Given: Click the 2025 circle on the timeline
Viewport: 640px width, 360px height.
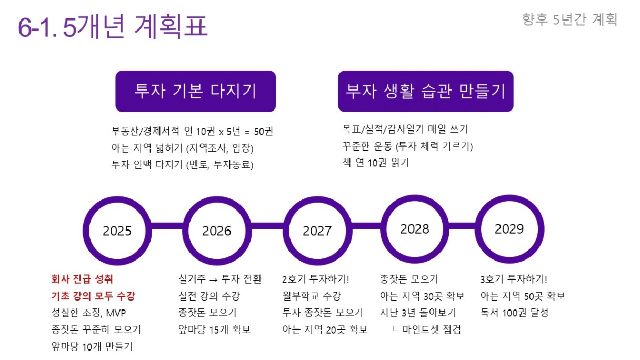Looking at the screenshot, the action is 117,200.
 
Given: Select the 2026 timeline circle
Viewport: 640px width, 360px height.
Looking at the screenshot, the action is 217,200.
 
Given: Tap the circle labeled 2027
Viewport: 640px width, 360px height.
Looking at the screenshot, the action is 317,200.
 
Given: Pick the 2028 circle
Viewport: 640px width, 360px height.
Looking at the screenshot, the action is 415,198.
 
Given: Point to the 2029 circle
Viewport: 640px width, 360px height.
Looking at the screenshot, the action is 509,198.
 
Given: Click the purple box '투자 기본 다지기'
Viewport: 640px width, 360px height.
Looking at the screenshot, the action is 196,91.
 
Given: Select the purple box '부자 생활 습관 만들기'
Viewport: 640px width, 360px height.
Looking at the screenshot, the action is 426,91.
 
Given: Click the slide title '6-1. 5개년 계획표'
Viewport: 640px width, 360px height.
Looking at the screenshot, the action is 113,26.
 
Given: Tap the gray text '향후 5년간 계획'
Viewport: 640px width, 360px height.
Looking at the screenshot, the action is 569,19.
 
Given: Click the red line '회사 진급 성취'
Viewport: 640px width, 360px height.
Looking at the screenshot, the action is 82,279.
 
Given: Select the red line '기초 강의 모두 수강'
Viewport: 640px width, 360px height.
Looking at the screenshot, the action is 93,296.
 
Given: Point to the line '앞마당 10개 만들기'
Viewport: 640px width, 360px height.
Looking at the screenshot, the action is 92,346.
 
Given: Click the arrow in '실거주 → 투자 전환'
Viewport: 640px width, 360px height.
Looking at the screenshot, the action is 214,279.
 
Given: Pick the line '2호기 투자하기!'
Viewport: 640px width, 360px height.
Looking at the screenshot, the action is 316,279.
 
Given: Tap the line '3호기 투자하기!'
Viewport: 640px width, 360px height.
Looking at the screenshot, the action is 514,279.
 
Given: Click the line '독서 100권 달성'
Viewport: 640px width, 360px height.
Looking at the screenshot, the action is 514,313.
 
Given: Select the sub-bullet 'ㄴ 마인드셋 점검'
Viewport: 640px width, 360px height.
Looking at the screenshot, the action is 427,329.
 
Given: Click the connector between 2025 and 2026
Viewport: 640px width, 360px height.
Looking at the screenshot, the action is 167,226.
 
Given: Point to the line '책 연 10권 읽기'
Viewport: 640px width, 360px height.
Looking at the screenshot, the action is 376,163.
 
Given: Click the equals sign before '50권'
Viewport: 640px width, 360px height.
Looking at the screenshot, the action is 247,132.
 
